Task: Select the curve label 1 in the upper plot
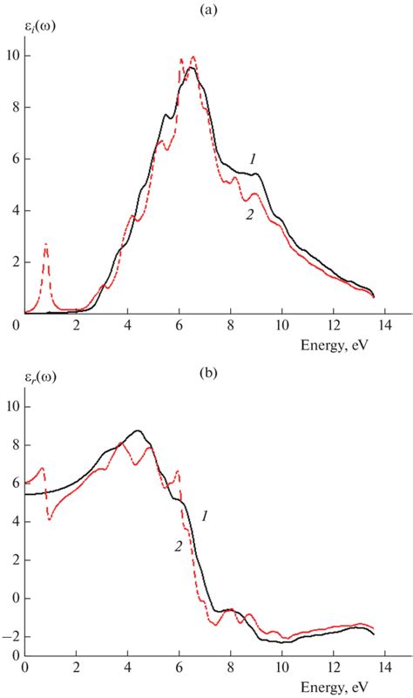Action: pos(253,159)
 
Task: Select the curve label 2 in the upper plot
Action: pos(249,216)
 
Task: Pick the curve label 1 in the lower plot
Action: pos(204,517)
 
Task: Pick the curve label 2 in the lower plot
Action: pos(179,547)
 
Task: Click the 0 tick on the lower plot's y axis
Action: pos(12,599)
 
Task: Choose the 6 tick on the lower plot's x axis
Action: pos(179,668)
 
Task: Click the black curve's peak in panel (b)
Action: pos(137,430)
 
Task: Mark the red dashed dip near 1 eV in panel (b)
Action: pos(51,519)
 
